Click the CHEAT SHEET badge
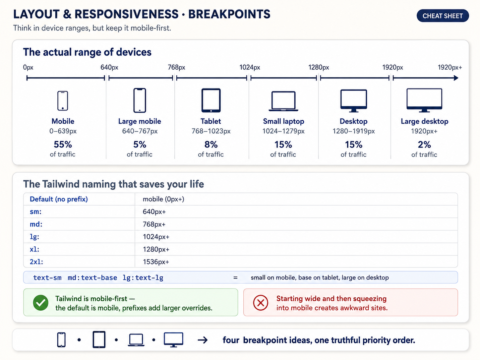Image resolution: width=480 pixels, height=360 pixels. coord(443,16)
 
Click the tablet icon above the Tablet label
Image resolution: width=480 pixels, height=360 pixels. coord(211,100)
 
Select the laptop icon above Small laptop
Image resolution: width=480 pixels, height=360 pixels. coord(283,101)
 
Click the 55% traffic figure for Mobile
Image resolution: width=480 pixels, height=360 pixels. coord(63,144)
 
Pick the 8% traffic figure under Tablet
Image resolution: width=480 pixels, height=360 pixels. coord(211,144)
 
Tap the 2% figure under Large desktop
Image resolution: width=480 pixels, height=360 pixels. coord(424,145)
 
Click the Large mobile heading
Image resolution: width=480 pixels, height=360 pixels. coord(140,121)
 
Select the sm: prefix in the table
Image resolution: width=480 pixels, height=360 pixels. coord(36,211)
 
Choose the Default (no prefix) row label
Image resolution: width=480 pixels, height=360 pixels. coord(59,199)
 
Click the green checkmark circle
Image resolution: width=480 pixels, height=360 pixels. coord(41,303)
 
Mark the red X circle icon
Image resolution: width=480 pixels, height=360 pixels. coord(261,303)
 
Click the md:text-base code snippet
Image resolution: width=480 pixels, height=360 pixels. coord(92,277)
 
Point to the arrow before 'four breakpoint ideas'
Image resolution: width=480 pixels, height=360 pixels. coord(203,340)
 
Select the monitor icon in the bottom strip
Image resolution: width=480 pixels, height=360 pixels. coord(173,340)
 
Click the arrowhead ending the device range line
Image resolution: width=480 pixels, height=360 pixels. coord(456,78)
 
